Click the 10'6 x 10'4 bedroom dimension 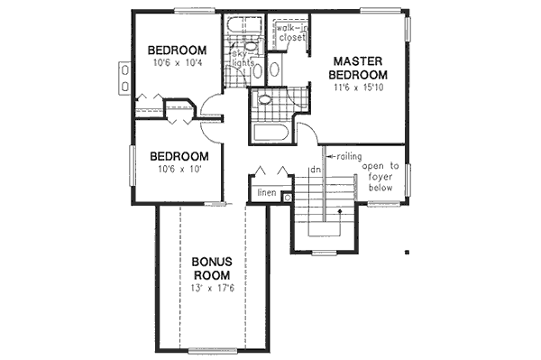178,63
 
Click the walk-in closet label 292,33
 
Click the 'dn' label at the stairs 316,170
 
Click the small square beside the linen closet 287,197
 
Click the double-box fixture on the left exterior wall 123,78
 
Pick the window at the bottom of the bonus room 213,349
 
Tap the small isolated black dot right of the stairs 408,253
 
